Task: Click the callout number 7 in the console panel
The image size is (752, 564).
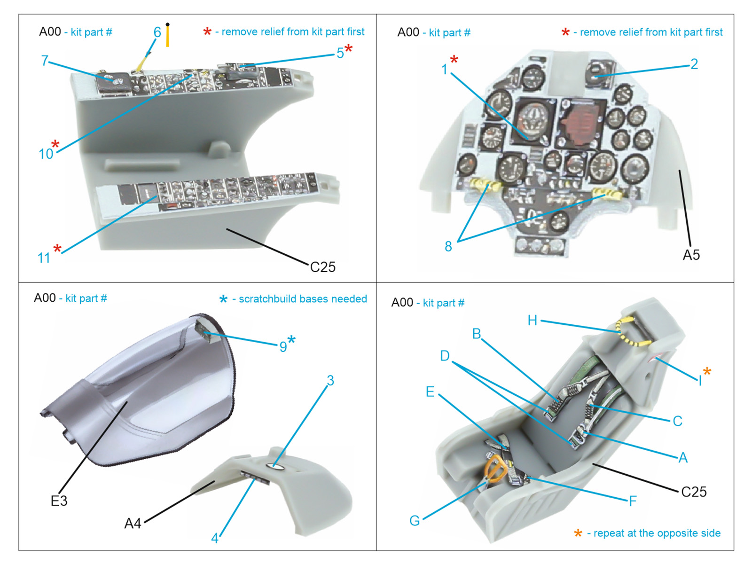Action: coord(45,61)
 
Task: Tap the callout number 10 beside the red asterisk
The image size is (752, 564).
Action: coord(46,154)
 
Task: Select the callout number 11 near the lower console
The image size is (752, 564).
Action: coord(44,258)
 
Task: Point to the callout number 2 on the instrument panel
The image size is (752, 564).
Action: coord(694,64)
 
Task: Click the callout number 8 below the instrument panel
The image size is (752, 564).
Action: coord(448,246)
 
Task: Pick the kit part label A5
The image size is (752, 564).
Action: coord(691,255)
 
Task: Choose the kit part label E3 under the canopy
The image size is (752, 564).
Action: coord(59,501)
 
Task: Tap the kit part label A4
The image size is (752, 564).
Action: coord(133,524)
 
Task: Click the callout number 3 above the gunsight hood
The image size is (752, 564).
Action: coord(330,380)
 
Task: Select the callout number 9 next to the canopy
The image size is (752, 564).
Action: coord(283,346)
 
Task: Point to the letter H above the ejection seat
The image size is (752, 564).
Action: coord(532,321)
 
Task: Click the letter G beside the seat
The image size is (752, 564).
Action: coord(415,521)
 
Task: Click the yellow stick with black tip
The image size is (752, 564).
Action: coord(167,35)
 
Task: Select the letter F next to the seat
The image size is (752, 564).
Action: coord(633,501)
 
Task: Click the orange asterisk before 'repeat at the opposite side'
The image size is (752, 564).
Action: coord(578,533)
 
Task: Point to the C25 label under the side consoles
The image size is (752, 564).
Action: coord(322,267)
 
